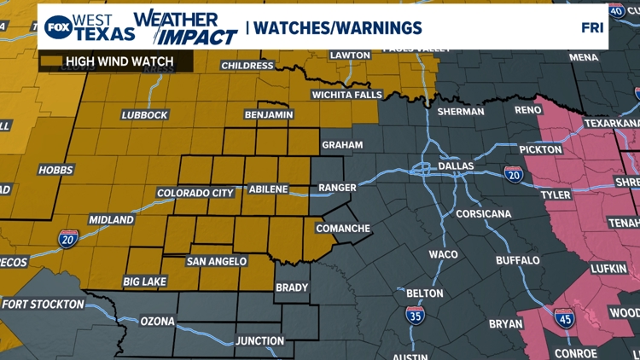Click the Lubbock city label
click(144, 115)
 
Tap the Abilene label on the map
click(268, 189)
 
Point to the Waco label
click(443, 254)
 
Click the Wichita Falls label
click(346, 95)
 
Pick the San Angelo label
click(217, 261)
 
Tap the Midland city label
click(111, 220)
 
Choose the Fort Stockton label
click(43, 304)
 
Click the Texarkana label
click(613, 123)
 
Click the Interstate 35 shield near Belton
click(414, 316)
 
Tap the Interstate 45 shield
click(564, 318)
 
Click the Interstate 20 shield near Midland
click(69, 240)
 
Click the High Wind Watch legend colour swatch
click(50, 61)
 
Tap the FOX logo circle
click(57, 27)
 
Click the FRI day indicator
click(592, 27)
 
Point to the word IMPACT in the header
click(200, 37)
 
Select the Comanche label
click(343, 229)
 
